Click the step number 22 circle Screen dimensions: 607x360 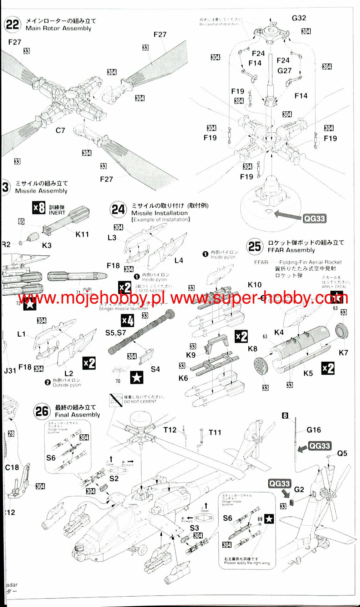coord(12,25)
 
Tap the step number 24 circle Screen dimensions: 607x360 coord(118,209)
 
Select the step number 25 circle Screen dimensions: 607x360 coord(254,246)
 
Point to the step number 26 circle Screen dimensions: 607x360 coord(42,411)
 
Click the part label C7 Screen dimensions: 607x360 coord(60,131)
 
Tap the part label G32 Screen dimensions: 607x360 coord(299,18)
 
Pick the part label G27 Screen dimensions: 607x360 coord(284,71)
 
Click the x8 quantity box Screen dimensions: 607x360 coord(39,208)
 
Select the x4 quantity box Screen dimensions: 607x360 coord(128,321)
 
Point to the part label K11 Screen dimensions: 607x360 coord(82,234)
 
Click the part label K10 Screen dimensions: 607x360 coord(254,285)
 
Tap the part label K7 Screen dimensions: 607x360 coord(343,353)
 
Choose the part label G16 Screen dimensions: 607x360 coord(314,430)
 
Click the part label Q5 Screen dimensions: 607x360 coord(342,453)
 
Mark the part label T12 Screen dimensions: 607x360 coord(170,430)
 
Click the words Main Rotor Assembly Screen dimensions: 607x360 coord(59,29)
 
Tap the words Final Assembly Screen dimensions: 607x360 coord(77,415)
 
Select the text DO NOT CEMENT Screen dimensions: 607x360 coord(140,402)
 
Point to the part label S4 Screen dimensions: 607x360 coord(155,369)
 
